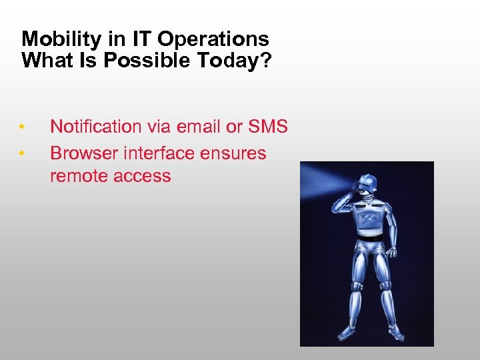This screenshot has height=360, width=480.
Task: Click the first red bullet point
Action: coord(22,127)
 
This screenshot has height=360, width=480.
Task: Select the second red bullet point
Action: coord(22,154)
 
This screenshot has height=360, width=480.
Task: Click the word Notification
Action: coord(96,127)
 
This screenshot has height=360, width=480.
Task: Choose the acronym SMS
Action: coord(268,127)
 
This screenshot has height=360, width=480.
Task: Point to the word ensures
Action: coord(231,153)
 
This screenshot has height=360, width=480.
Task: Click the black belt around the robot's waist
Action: coord(370,237)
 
